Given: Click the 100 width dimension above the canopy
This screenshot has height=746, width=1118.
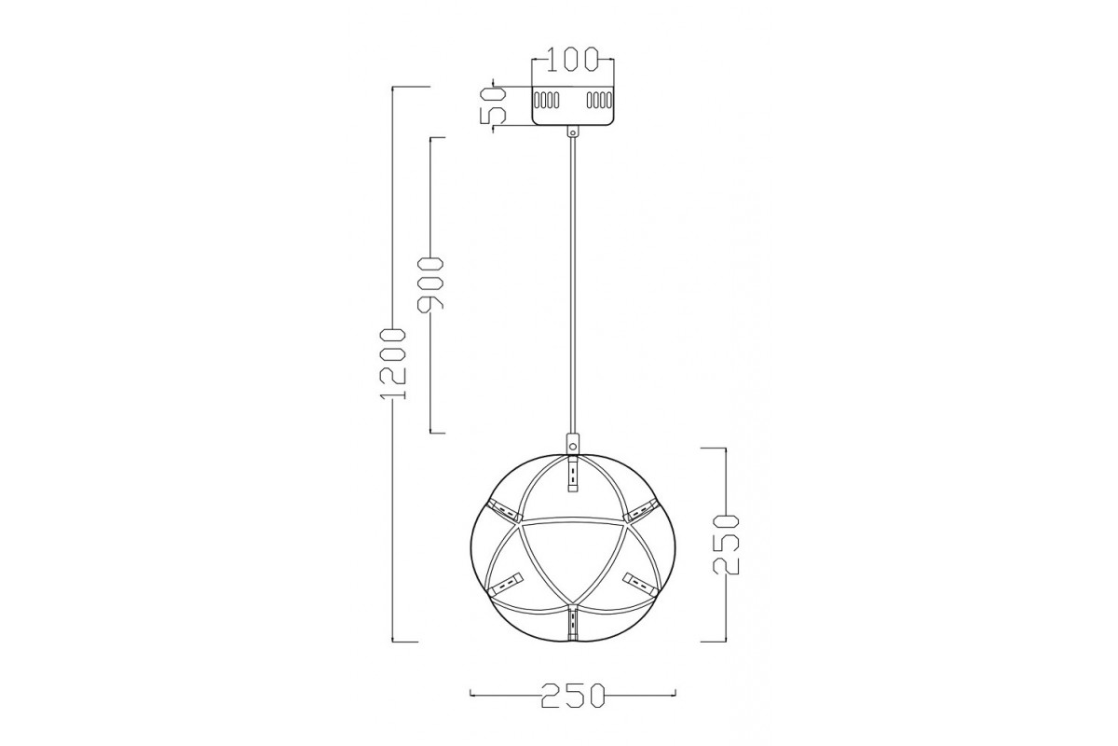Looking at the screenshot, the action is pos(572,60).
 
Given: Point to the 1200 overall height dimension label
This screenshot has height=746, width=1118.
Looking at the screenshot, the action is pos(393,364).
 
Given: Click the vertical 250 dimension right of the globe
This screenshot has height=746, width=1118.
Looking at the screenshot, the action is pos(726,545).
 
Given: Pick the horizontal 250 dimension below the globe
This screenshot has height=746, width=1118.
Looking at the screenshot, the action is pos(573,695).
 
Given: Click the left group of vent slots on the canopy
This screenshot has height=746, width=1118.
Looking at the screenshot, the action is pos(547,100).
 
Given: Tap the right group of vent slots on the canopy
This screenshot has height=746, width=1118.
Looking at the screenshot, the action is pos(599,100).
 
